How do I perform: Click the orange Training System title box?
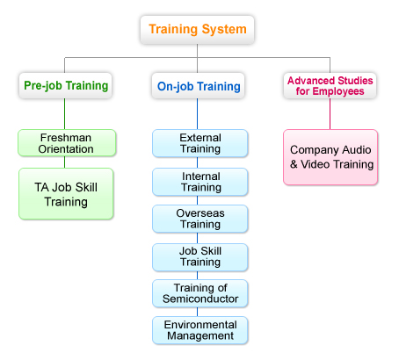point(197,30)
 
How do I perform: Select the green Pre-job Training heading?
point(65,86)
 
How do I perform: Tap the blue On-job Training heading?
point(198,86)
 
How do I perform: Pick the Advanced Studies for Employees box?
point(330,86)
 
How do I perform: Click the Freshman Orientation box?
point(67,143)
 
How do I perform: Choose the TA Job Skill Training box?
point(66,194)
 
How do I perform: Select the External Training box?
point(200,143)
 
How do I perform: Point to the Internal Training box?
point(200,182)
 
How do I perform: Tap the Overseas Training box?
point(200,219)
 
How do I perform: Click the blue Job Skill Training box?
point(200,257)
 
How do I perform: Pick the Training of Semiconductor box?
point(200,293)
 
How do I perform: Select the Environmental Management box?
point(200,330)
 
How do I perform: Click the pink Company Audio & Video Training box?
point(330,157)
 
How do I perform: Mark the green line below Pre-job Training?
point(65,114)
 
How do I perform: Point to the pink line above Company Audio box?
point(330,114)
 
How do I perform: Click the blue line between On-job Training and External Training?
point(197,114)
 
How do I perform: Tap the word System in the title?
point(224,30)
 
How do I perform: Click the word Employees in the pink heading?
point(338,91)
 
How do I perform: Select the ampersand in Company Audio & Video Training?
point(294,164)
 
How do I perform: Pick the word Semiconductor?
point(200,299)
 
